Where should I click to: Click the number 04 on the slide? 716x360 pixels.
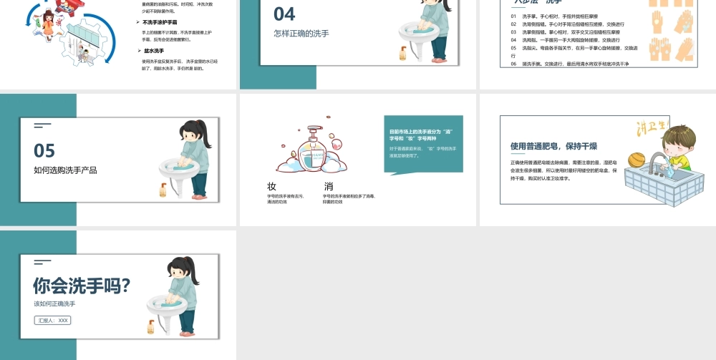tap(284, 14)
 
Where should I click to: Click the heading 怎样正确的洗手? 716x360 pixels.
tap(301, 33)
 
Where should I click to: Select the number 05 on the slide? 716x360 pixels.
tap(44, 150)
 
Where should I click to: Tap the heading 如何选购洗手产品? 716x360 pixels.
tap(65, 170)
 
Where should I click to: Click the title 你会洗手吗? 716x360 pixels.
tap(82, 286)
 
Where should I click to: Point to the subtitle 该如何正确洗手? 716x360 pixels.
tap(54, 303)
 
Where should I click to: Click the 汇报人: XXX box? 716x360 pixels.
tap(52, 320)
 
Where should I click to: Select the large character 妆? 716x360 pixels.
tap(272, 186)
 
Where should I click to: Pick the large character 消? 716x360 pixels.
tap(328, 186)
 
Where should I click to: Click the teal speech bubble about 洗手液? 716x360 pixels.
tap(422, 143)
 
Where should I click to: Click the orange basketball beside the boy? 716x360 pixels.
tap(637, 160)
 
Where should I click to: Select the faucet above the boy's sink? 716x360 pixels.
tap(659, 158)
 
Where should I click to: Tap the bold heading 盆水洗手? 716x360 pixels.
tap(154, 51)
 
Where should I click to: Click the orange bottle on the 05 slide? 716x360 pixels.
tap(163, 190)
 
